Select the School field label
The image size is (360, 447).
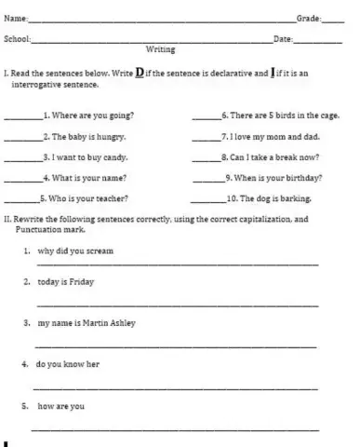tap(18, 39)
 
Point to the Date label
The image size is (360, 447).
tap(283, 39)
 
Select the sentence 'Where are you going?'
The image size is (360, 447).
tap(91, 116)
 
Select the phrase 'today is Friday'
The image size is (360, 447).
tap(65, 280)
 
